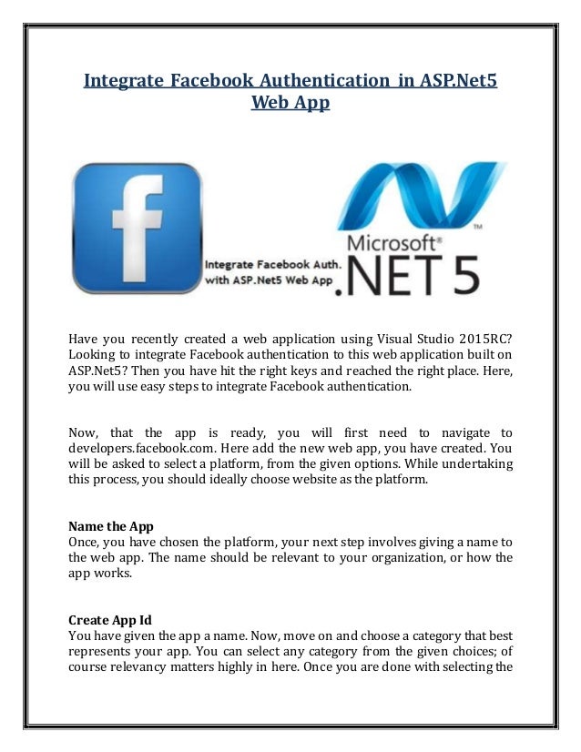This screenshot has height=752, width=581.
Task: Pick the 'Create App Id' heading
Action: click(110, 620)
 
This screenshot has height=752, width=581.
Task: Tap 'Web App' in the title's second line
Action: click(290, 104)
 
